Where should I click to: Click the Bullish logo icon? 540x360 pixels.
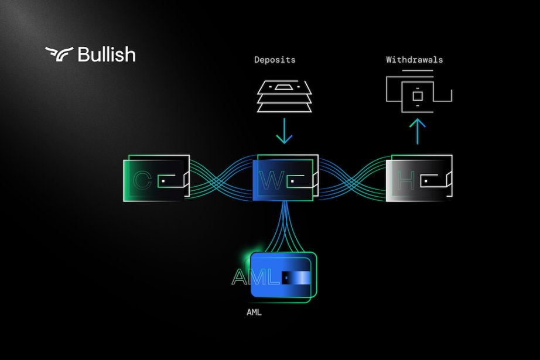click(59, 54)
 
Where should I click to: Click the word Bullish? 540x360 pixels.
click(106, 54)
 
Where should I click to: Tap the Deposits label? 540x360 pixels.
click(275, 60)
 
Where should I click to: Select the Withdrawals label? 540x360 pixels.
click(414, 60)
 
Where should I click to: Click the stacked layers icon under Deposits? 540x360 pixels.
click(284, 97)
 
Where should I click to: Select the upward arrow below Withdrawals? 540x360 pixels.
click(417, 132)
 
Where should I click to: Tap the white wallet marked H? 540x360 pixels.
click(419, 179)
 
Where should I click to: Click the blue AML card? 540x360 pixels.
click(281, 277)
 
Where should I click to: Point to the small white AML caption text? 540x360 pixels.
click(254, 313)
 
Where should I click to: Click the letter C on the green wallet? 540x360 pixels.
click(142, 180)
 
